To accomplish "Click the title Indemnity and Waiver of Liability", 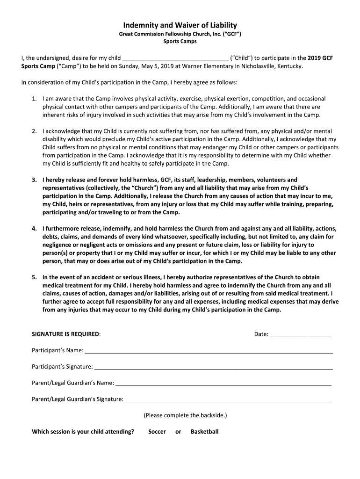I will [180, 25].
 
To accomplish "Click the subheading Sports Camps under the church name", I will [180, 41].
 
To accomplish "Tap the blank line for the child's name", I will [175, 59].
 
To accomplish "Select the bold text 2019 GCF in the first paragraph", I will [320, 58].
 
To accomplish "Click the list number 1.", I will [34, 99].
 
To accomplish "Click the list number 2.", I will [34, 131].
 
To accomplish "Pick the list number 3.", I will [34, 180].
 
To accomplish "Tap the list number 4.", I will [34, 229].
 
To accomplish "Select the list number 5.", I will [34, 277].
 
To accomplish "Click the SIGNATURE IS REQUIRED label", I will [65, 334].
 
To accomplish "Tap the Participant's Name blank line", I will [209, 351].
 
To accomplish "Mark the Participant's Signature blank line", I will [213, 367].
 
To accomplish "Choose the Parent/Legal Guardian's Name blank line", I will [223, 384].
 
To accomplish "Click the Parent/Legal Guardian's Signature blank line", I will [228, 400].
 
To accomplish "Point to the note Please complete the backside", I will [185, 415].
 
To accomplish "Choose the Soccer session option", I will [157, 432].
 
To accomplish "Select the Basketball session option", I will [204, 432].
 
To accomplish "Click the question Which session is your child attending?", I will [83, 432].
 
